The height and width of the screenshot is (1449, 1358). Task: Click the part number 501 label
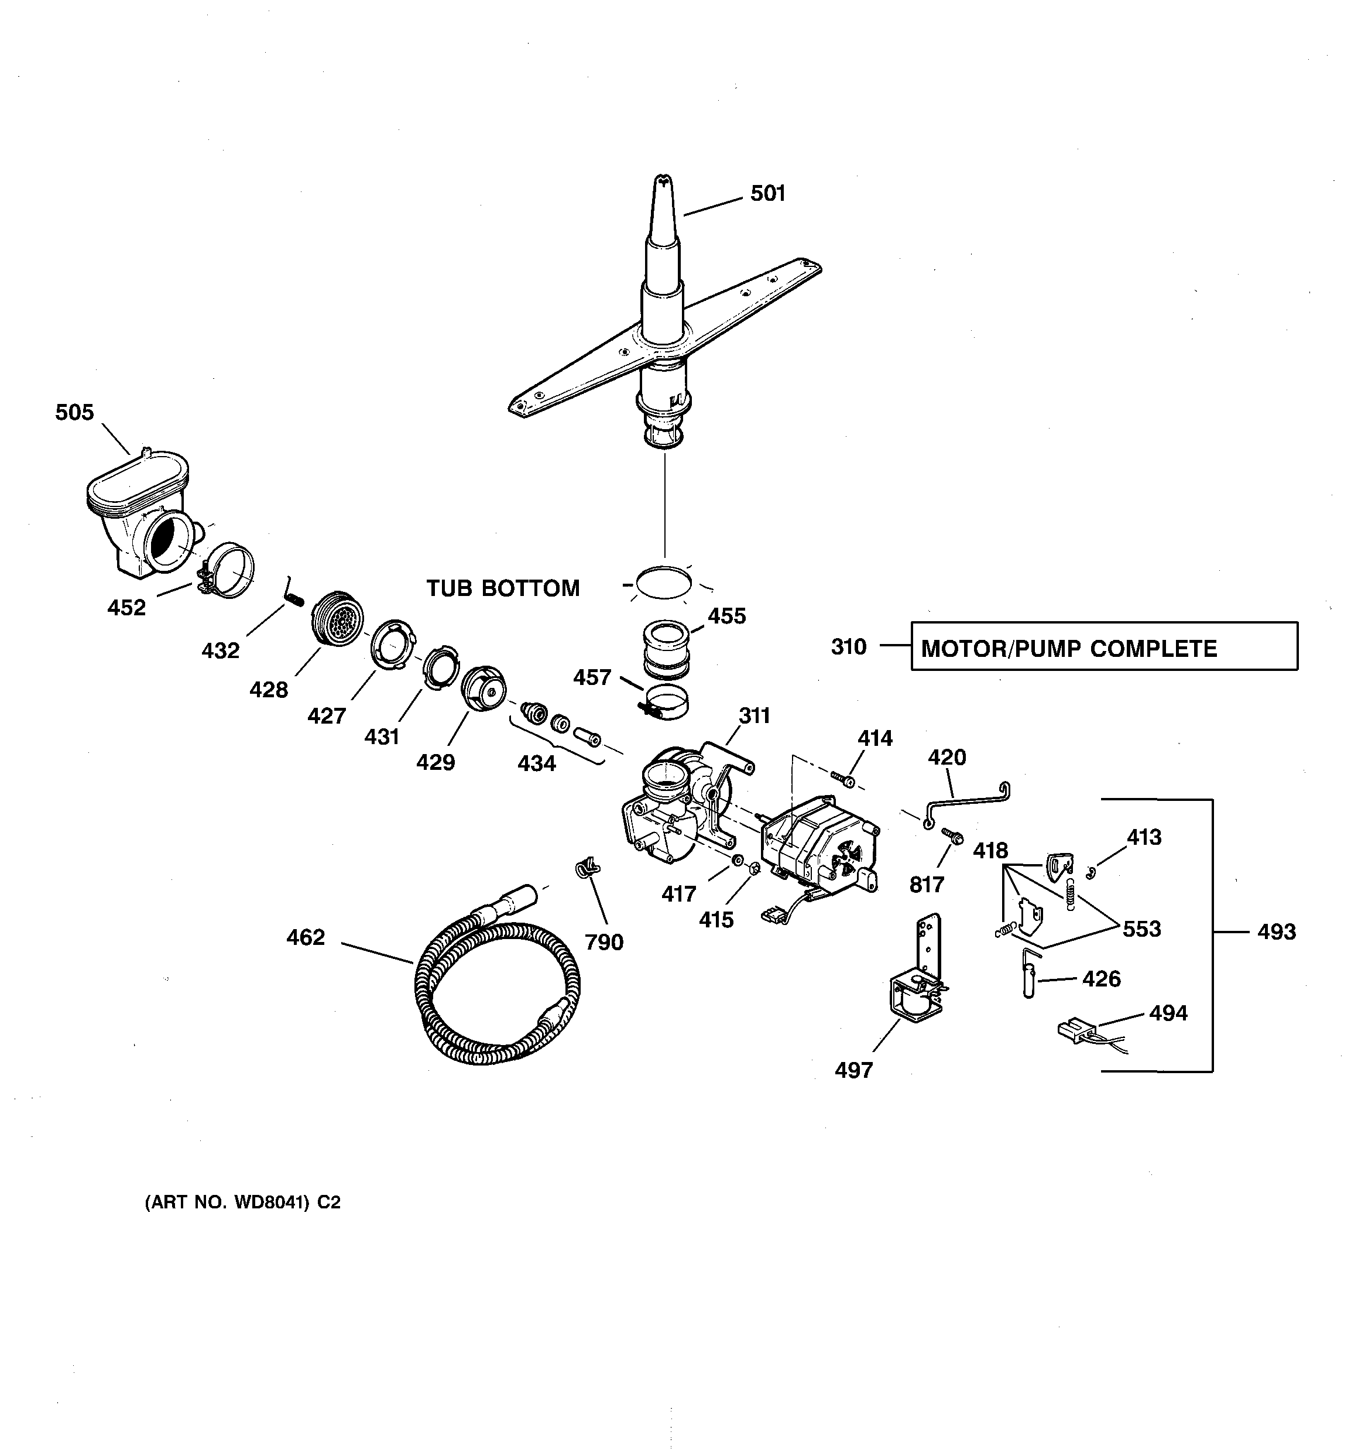767,193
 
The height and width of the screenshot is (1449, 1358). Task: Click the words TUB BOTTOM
503,588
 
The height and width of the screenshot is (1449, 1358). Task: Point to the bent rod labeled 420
966,801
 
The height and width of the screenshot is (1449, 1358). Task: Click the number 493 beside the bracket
1277,932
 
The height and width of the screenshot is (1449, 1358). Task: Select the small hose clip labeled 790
586,868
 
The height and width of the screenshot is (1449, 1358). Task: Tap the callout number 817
927,885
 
